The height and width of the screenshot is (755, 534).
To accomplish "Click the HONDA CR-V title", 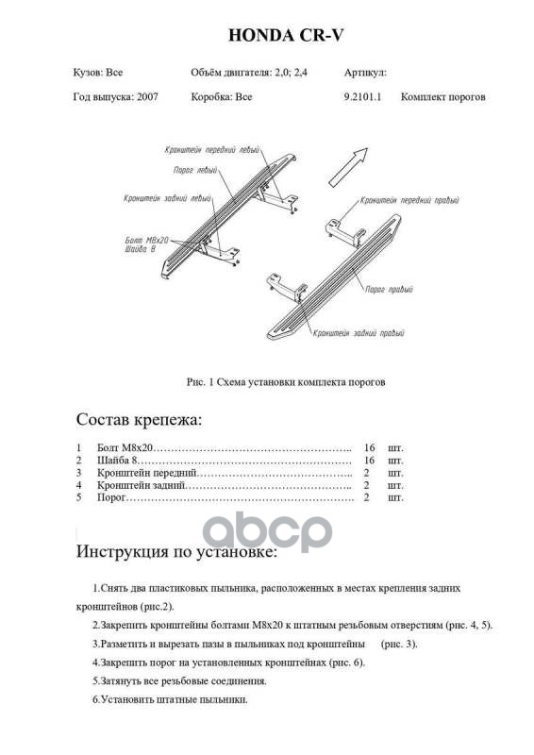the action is [x=286, y=35].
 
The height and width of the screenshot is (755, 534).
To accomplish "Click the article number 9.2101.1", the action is [x=362, y=97].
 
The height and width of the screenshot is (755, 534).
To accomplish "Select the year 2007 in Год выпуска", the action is [x=147, y=97].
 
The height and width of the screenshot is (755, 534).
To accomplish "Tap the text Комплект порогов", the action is [x=443, y=97].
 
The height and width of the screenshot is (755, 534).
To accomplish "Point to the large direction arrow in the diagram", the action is [x=348, y=167].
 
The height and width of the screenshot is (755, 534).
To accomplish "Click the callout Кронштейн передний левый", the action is [x=212, y=150].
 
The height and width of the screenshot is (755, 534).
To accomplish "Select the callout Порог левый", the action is [x=195, y=170].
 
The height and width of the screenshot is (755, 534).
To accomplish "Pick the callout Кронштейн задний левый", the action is [x=167, y=198].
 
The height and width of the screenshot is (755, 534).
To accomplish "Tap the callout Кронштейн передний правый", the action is [x=409, y=200].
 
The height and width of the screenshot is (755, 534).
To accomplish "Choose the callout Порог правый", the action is [x=389, y=290].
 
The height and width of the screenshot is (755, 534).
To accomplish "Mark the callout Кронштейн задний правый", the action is [x=359, y=333].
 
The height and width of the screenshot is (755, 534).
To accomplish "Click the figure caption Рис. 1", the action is [x=286, y=382].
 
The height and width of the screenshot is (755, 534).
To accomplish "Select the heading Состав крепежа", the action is [x=139, y=420].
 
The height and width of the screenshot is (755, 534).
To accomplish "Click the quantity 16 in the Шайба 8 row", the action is [x=369, y=461].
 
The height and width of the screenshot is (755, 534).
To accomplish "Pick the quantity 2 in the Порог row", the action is [x=366, y=497].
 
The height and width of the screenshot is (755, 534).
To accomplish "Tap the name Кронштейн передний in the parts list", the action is [x=147, y=474].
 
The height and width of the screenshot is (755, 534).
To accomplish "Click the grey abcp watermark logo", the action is [x=267, y=531].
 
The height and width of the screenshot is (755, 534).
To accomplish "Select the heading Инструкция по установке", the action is [x=176, y=552].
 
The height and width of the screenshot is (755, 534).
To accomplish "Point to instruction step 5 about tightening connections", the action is [x=179, y=681].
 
